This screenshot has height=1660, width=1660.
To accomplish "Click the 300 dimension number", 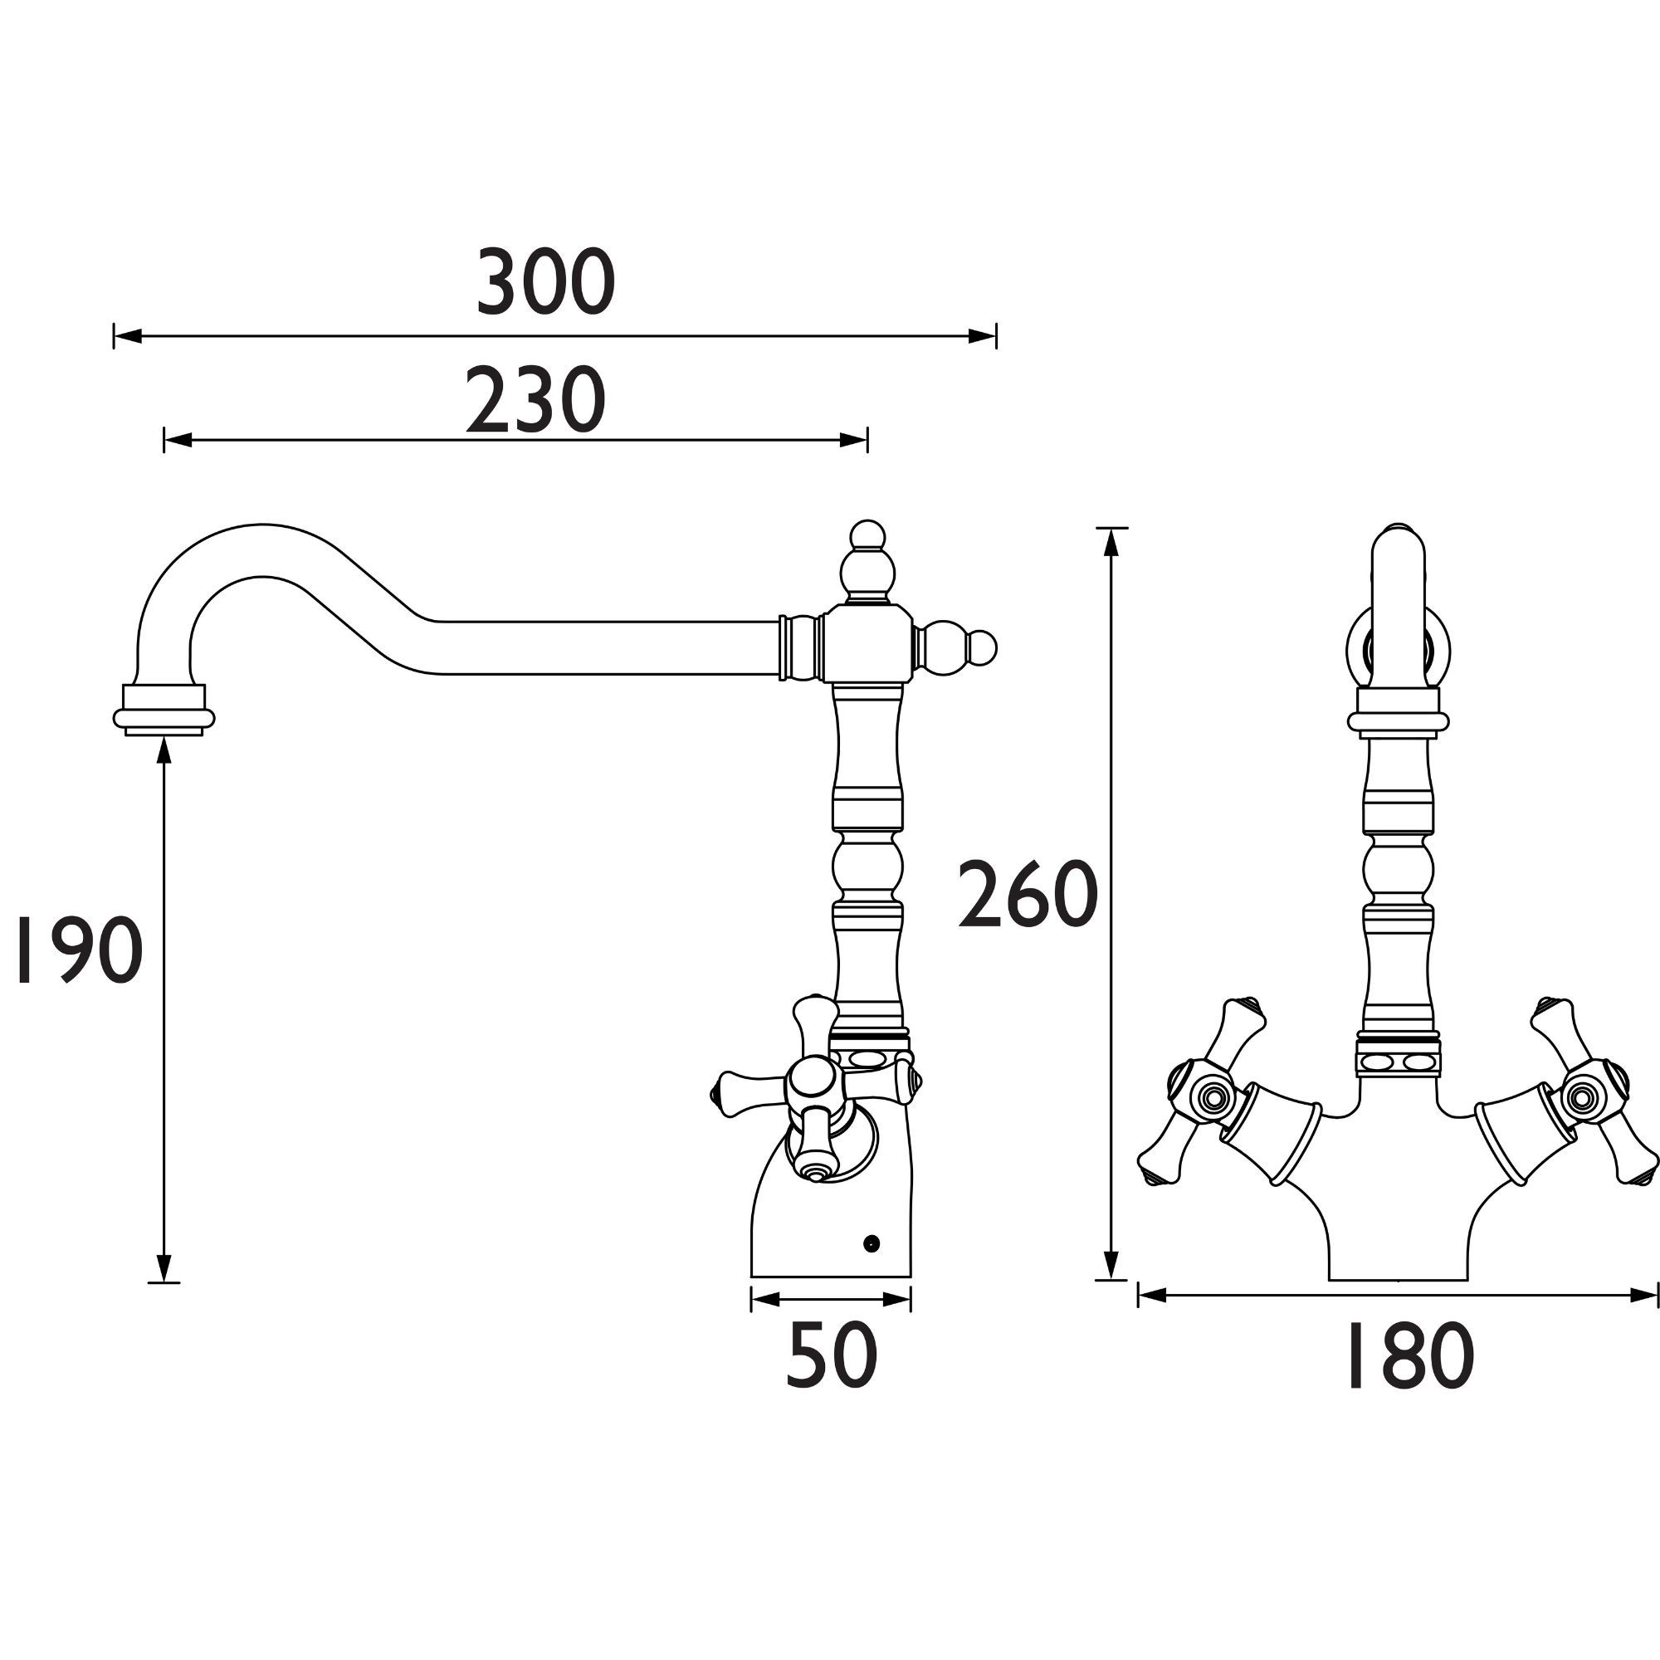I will tap(546, 283).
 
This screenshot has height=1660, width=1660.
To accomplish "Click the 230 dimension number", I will tap(536, 401).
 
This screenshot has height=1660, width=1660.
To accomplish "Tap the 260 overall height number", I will tap(1028, 896).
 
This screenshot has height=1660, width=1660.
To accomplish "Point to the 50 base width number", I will tap(831, 1357).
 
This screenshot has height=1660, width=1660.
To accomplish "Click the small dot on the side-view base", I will tap(873, 1243).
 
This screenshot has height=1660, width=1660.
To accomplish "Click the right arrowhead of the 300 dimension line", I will tap(983, 336).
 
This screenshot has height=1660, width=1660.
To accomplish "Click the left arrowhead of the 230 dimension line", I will tap(177, 440).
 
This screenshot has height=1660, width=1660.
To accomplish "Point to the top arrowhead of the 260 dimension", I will tap(1112, 541).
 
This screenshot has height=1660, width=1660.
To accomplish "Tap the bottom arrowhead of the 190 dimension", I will tap(164, 1267).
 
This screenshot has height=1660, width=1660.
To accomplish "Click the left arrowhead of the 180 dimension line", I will tap(1152, 1319).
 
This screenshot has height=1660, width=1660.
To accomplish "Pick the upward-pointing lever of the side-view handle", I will tap(812, 1028).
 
